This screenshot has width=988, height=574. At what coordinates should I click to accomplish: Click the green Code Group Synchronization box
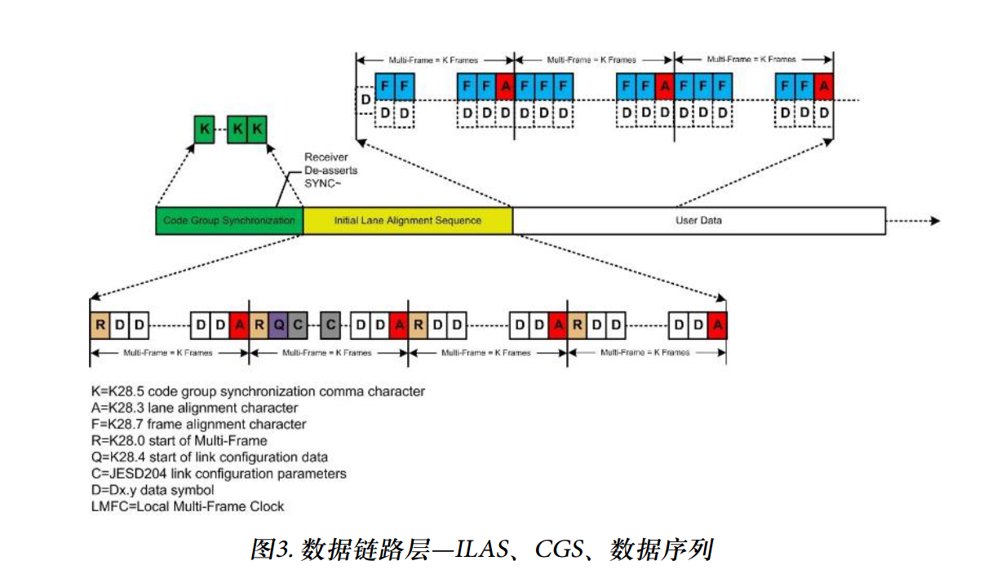(x=229, y=221)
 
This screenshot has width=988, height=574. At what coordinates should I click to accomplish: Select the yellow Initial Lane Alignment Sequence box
(x=408, y=221)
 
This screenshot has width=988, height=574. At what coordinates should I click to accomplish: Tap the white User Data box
(x=698, y=221)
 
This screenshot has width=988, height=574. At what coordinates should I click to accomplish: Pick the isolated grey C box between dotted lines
(x=330, y=325)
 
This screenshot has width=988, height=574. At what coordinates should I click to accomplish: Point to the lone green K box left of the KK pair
(x=204, y=129)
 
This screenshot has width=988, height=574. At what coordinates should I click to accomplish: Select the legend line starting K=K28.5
(x=259, y=391)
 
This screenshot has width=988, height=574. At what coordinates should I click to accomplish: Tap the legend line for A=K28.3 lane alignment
(x=195, y=408)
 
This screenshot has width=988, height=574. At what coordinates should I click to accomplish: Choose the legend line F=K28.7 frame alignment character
(x=199, y=424)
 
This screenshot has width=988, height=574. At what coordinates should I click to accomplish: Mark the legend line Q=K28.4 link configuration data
(x=210, y=457)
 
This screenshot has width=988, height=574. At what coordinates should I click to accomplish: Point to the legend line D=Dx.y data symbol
(x=153, y=490)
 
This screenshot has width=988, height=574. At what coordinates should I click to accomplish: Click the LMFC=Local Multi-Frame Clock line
(x=188, y=506)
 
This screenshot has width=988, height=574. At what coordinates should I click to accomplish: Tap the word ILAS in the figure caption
(x=481, y=549)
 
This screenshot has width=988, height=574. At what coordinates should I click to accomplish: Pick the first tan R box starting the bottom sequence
(x=100, y=325)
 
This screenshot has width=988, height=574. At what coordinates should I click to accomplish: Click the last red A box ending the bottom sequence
(x=717, y=325)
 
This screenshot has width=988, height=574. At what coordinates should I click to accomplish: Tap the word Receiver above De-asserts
(x=326, y=157)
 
